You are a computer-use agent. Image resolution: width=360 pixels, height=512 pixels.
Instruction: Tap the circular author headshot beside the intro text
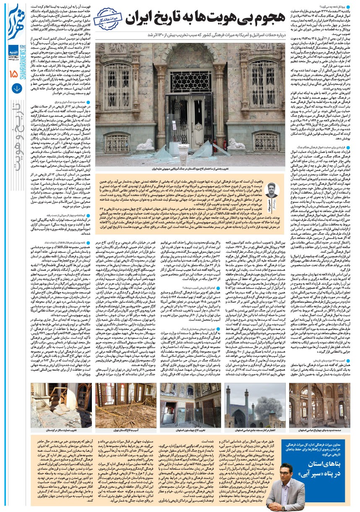pos(269,187)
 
